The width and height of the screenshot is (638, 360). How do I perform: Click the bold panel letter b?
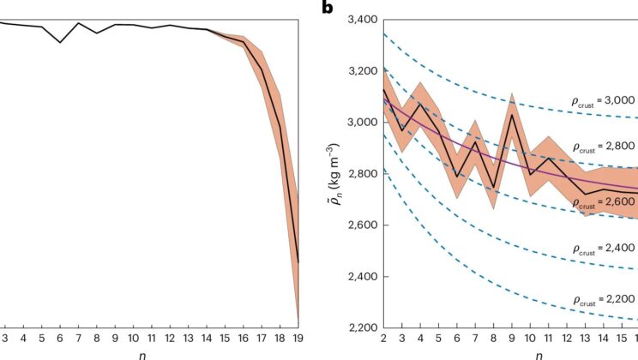point(327,9)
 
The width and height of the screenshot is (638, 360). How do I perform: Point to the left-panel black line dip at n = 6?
point(60,42)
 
